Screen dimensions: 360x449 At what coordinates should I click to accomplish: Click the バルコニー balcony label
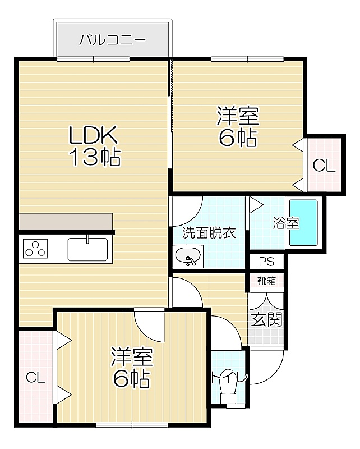[113, 40]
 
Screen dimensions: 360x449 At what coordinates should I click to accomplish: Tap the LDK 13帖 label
[94, 146]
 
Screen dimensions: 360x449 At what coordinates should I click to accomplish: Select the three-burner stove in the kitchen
[35, 249]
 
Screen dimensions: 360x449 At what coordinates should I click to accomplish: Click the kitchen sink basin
[87, 249]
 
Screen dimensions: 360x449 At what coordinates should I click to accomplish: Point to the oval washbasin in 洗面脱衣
[188, 256]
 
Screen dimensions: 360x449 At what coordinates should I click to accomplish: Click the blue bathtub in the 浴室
[303, 223]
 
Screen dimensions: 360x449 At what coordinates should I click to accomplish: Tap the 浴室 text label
[285, 223]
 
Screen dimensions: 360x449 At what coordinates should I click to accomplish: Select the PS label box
[266, 262]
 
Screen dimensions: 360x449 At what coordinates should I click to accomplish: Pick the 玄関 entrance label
[266, 319]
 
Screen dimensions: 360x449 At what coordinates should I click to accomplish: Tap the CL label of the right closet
[324, 165]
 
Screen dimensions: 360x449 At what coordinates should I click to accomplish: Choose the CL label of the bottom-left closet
[35, 378]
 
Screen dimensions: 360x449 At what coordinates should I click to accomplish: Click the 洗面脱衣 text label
[209, 232]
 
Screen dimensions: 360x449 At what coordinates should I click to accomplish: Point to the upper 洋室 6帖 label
[238, 126]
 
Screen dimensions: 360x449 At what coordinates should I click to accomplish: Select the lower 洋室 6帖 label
[131, 367]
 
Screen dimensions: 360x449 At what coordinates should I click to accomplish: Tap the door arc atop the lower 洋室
[145, 332]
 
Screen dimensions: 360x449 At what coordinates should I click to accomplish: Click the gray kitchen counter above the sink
[66, 221]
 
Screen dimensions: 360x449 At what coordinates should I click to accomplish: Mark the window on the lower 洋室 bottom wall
[132, 425]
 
